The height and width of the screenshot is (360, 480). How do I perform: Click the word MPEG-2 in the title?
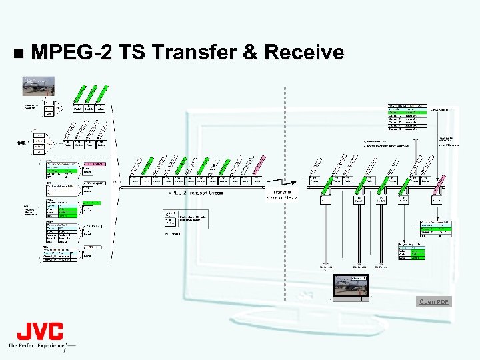tap(71, 52)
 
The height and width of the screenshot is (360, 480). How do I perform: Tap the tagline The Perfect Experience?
tap(37, 345)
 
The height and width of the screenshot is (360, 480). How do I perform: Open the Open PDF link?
tap(434, 302)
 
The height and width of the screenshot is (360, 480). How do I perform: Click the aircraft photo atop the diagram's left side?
tap(39, 86)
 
